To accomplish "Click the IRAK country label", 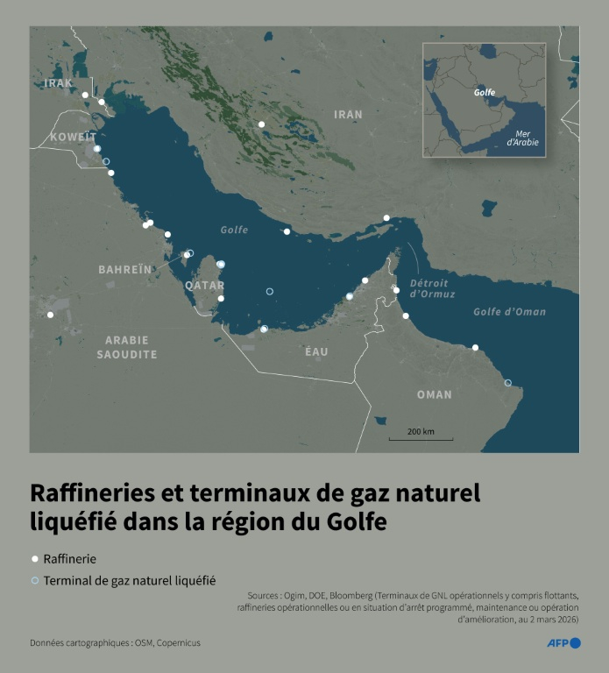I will [x=59, y=83].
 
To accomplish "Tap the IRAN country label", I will [x=348, y=115].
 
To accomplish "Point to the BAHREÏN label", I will [x=124, y=269].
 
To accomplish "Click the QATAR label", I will [x=204, y=286].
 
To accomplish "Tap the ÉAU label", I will [x=316, y=351].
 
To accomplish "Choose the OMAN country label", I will [x=435, y=394].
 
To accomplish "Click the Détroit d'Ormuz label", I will [x=429, y=289].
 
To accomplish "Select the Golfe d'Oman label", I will [x=509, y=312].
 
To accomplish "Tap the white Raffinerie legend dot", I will [x=35, y=558].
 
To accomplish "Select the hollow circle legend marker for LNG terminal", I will [x=35, y=580].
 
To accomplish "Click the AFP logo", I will [x=564, y=643].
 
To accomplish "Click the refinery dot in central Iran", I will [x=261, y=124].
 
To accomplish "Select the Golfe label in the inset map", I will [x=485, y=92].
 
